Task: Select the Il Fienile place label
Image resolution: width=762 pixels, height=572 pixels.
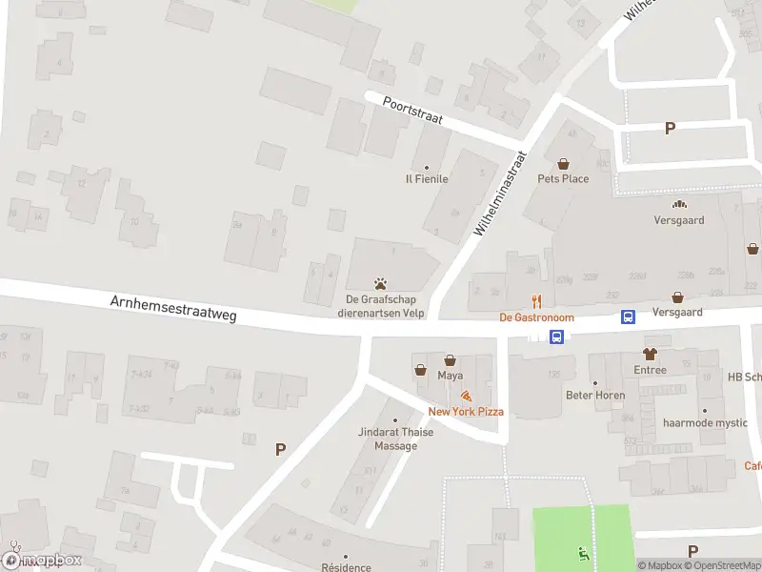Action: coord(427,178)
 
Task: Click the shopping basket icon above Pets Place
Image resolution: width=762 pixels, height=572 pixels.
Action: coord(562,163)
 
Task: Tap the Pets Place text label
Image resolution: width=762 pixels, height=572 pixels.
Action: coord(563,178)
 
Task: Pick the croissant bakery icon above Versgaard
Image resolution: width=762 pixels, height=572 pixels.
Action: coord(679,203)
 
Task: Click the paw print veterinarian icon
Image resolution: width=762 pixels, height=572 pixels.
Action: coord(380,283)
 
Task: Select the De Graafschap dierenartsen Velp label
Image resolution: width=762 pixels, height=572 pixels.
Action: coord(380,305)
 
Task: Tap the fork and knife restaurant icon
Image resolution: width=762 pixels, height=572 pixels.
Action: coord(536,301)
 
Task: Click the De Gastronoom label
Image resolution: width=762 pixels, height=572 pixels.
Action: coord(536,317)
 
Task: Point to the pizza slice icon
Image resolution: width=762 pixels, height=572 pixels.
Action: coord(465,396)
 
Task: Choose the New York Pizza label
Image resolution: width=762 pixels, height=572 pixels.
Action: coord(465,412)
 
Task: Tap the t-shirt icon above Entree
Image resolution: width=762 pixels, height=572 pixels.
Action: coord(651,354)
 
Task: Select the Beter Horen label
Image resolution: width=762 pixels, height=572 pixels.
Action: coord(595,396)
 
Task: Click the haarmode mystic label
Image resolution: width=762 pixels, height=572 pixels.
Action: coord(706,422)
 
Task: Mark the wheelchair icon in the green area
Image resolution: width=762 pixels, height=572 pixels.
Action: coord(583,553)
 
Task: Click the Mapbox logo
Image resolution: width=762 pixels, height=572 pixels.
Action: coord(42,560)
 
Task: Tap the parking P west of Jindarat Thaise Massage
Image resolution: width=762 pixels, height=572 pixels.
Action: coord(280,449)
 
